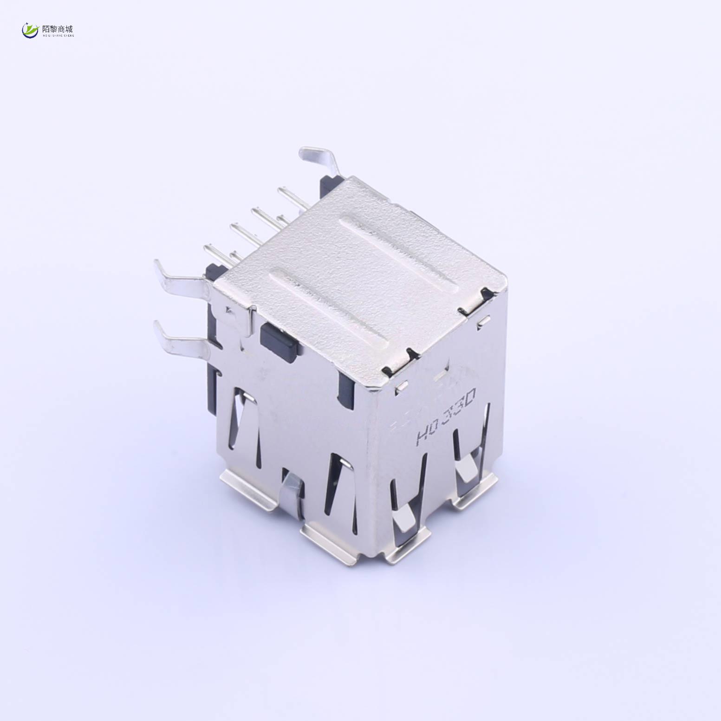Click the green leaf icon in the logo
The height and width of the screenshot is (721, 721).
click(31, 31)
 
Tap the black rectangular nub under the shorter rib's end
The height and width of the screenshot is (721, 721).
click(278, 339)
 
